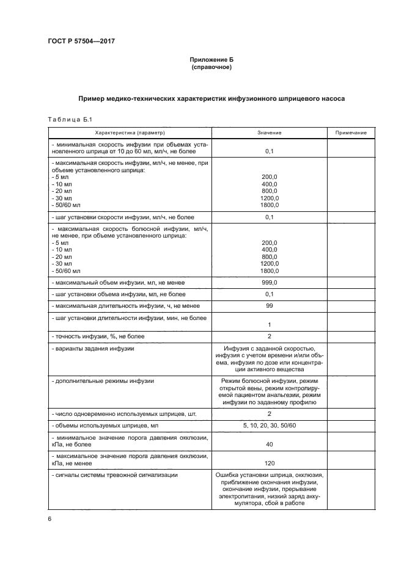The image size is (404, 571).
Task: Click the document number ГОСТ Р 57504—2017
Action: click(x=81, y=41)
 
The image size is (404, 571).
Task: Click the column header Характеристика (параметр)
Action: click(x=130, y=133)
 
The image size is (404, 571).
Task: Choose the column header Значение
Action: click(x=269, y=133)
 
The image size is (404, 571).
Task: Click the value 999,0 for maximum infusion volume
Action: click(x=269, y=283)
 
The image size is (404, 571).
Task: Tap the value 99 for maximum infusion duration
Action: click(x=269, y=305)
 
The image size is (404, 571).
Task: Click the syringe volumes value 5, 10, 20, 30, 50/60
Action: click(x=269, y=425)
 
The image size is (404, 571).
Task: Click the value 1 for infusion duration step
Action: click(x=269, y=324)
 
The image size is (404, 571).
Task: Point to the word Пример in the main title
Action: click(x=94, y=98)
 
